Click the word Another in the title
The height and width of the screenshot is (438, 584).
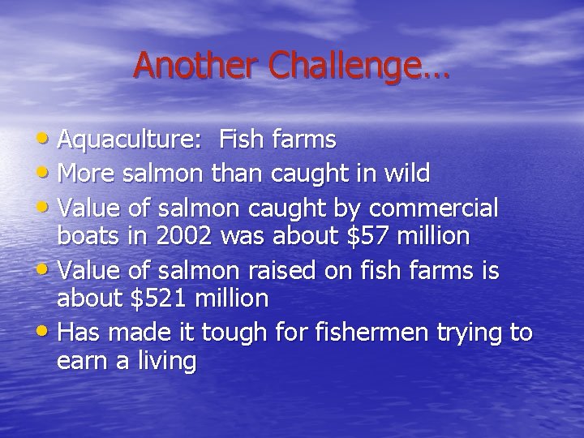[x=195, y=66]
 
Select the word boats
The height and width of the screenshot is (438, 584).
[x=86, y=236]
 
